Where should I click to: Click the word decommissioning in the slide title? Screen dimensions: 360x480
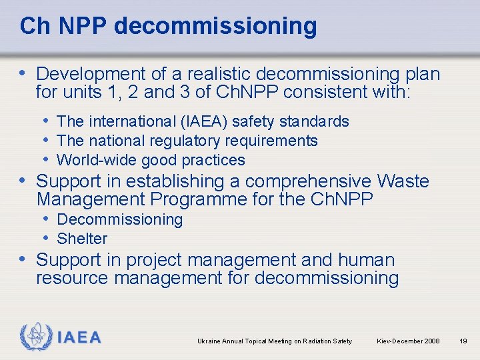coord(215,26)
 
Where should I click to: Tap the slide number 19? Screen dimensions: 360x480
coord(463,341)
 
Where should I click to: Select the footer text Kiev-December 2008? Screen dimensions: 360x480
coord(408,341)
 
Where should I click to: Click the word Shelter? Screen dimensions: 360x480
coord(82,239)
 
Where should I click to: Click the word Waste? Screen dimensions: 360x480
coord(403,181)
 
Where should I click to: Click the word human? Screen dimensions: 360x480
coord(366,260)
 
